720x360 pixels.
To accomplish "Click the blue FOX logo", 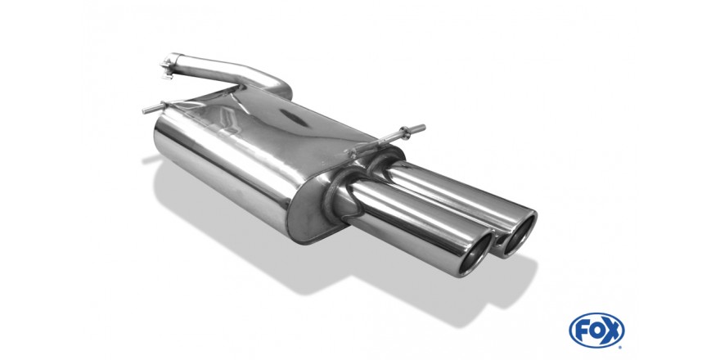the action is coord(596,331).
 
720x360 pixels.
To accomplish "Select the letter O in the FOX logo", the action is coord(596,331).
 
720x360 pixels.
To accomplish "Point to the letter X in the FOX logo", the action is coord(612,331).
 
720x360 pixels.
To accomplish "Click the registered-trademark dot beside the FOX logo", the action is coord(620,346).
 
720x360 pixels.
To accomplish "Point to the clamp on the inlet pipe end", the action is coord(168,66).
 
